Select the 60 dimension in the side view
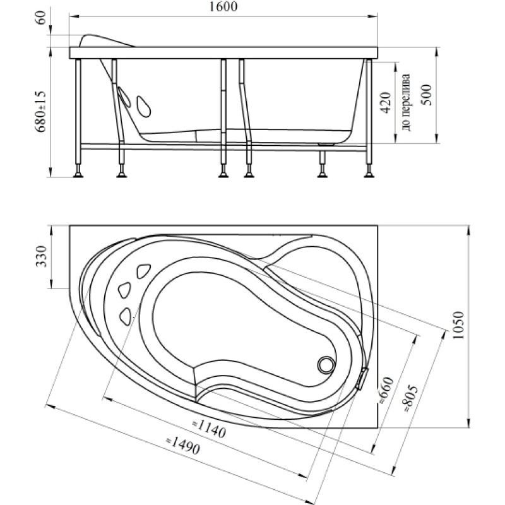pos(42,18)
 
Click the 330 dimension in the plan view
pos(42,257)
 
